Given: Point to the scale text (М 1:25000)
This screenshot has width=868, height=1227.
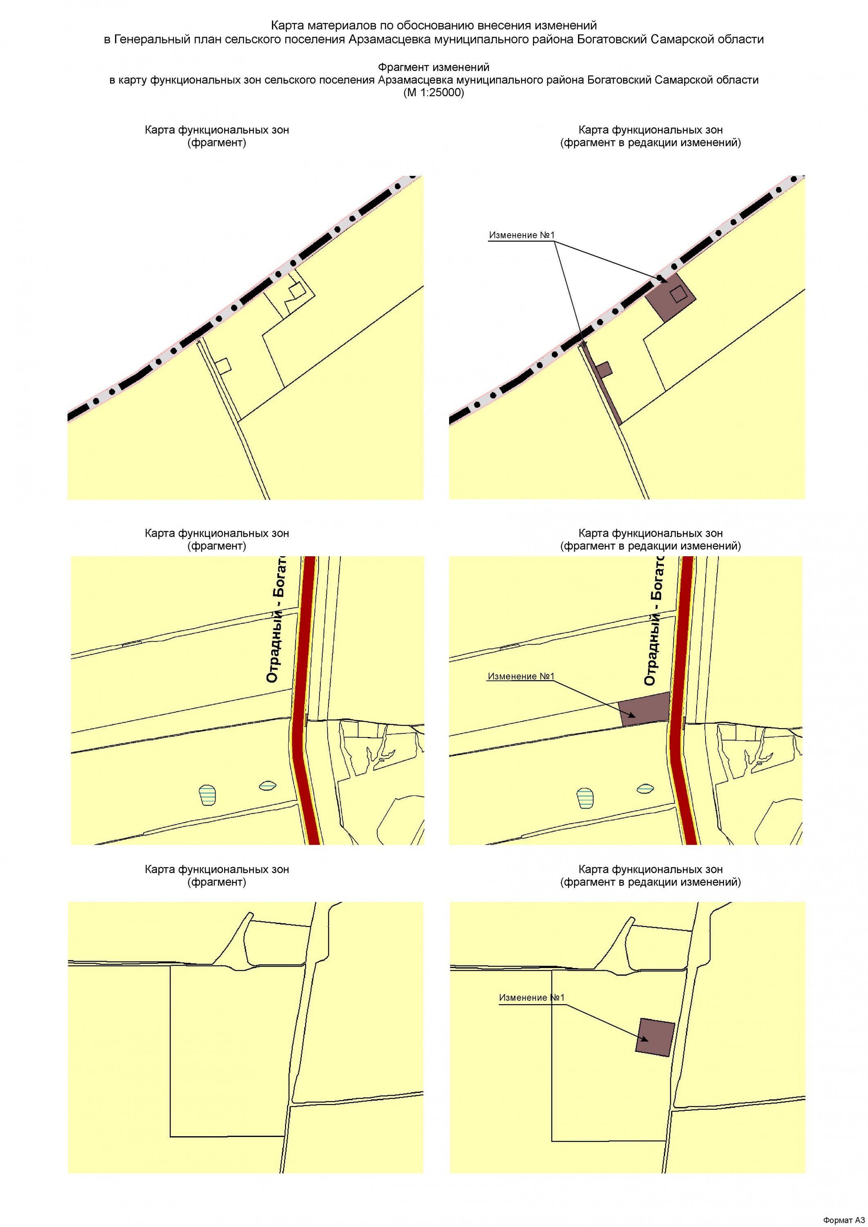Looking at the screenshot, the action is point(434,92).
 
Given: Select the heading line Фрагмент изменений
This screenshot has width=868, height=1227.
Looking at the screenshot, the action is point(434,67).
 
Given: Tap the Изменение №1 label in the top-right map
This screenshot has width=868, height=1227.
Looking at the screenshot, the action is point(522,235).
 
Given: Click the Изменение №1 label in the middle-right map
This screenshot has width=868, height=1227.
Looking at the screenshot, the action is point(521,676).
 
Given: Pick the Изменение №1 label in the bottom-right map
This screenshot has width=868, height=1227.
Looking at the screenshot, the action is point(531,998).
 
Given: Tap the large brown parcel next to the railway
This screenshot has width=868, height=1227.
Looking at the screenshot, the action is point(671,297).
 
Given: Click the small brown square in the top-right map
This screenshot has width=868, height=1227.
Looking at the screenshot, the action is point(605,369).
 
